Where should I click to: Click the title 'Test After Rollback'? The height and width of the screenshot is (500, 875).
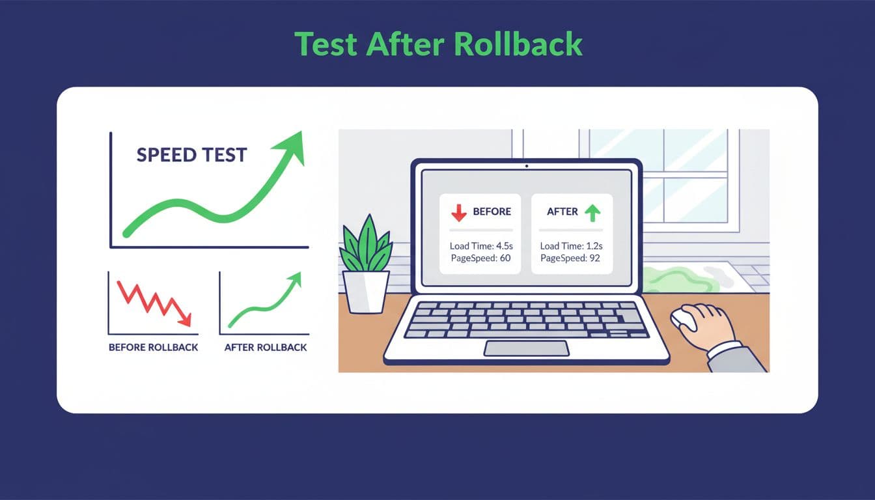(438, 44)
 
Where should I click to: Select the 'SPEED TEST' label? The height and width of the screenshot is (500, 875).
(191, 155)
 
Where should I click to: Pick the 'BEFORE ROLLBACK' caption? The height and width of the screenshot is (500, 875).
(153, 348)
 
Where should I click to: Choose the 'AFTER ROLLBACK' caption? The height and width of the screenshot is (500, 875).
(265, 348)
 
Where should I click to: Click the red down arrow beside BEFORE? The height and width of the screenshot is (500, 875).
(459, 212)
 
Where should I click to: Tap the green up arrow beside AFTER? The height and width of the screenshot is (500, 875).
(592, 212)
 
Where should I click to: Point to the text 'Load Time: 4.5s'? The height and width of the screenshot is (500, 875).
(480, 246)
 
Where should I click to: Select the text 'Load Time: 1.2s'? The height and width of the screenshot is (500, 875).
(571, 246)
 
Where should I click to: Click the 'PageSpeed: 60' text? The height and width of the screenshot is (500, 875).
(480, 258)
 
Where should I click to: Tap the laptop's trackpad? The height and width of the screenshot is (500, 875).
(525, 348)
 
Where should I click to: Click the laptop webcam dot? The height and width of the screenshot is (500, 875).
(526, 166)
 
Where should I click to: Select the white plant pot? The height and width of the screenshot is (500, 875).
(366, 291)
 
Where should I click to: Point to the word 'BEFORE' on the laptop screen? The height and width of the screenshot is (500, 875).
(492, 212)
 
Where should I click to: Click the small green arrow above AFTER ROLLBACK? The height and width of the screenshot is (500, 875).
(295, 279)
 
